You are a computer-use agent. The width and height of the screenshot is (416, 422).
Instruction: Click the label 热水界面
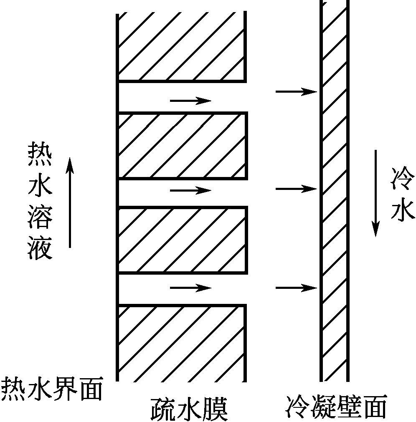(x=52, y=389)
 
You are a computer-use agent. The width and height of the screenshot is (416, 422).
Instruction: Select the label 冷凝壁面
(x=337, y=406)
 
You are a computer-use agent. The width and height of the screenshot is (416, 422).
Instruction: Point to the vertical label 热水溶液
(x=40, y=200)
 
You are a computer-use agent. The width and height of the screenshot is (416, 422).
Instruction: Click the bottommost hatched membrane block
(x=181, y=343)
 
